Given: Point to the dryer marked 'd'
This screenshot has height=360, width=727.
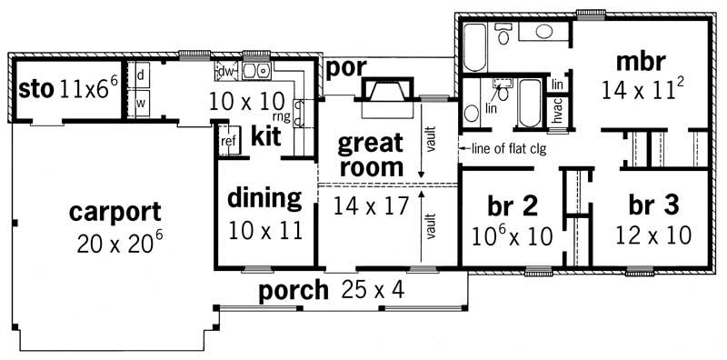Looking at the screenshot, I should pyautogui.click(x=141, y=75).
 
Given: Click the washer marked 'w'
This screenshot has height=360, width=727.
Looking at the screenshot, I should pyautogui.click(x=141, y=103).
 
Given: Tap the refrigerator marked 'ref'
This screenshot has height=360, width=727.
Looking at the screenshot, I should pyautogui.click(x=228, y=142).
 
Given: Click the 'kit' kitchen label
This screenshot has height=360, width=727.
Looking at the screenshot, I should pyautogui.click(x=265, y=136).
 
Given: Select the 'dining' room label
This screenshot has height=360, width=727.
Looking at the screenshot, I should pyautogui.click(x=264, y=197).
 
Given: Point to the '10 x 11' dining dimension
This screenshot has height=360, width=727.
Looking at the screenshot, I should pyautogui.click(x=264, y=229).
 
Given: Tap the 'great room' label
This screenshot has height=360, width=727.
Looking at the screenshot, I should pyautogui.click(x=370, y=155).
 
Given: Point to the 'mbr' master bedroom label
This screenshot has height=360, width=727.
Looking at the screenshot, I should pyautogui.click(x=641, y=62).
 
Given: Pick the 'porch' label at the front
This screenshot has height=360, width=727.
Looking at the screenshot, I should pyautogui.click(x=292, y=291).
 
